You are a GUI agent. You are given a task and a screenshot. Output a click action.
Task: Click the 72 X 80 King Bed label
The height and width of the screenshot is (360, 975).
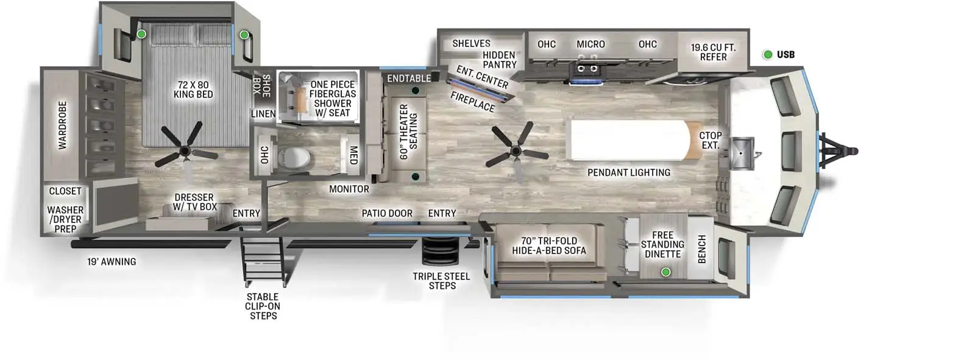pyautogui.click(x=193, y=90)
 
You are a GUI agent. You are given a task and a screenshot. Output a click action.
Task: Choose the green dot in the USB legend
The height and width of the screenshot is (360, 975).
pyautogui.click(x=768, y=55)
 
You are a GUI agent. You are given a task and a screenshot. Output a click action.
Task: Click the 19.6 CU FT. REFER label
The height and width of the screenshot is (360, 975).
pyautogui.click(x=713, y=52)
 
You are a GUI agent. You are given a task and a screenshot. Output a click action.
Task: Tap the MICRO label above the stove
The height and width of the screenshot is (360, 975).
pyautogui.click(x=590, y=44)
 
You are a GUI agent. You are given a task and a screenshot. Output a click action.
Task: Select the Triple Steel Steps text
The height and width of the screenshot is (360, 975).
pyautogui.click(x=441, y=281)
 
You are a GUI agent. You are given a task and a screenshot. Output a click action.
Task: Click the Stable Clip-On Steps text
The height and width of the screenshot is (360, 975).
pyautogui.click(x=263, y=306)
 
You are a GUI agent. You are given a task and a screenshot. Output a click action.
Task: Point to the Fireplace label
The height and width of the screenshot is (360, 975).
pyautogui.click(x=472, y=102)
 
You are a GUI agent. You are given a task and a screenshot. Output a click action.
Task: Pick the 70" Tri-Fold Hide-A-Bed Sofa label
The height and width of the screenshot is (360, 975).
pyautogui.click(x=548, y=245)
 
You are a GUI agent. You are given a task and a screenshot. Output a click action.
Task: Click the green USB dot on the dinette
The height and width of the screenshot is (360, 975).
pyautogui.click(x=666, y=272)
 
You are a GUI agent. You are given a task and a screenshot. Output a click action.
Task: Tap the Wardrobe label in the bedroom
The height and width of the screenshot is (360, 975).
pyautogui.click(x=63, y=125)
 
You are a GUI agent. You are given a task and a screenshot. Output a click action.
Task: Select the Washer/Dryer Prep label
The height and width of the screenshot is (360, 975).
pyautogui.click(x=65, y=219)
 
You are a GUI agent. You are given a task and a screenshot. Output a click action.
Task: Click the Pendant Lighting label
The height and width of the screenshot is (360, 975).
pyautogui.click(x=628, y=173)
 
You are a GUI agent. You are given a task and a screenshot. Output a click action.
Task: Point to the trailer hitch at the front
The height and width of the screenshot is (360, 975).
pyautogui.click(x=841, y=150)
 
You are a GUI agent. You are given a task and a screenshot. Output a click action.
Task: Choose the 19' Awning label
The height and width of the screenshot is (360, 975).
pyautogui.click(x=112, y=262)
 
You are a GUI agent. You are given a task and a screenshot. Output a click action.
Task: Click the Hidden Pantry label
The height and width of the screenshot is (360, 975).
pyautogui.click(x=499, y=60)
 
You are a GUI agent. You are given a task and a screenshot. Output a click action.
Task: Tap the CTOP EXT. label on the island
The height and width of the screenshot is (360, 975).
pyautogui.click(x=710, y=140)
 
